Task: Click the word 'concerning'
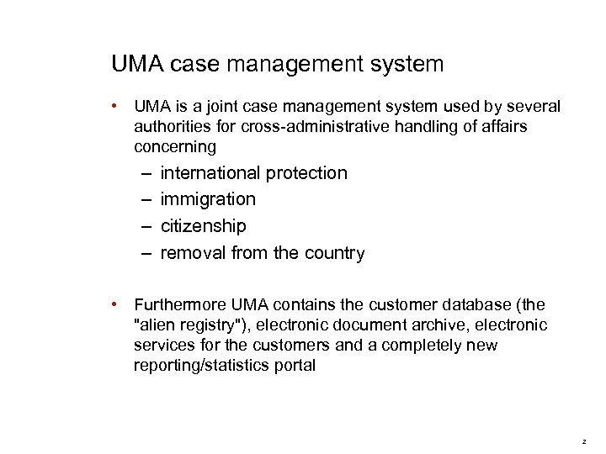click(x=175, y=147)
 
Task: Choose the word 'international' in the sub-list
click(x=210, y=173)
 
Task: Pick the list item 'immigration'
click(x=208, y=199)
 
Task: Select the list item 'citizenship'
click(x=203, y=226)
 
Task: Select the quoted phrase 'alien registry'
click(x=179, y=325)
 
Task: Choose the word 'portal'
click(x=294, y=366)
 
